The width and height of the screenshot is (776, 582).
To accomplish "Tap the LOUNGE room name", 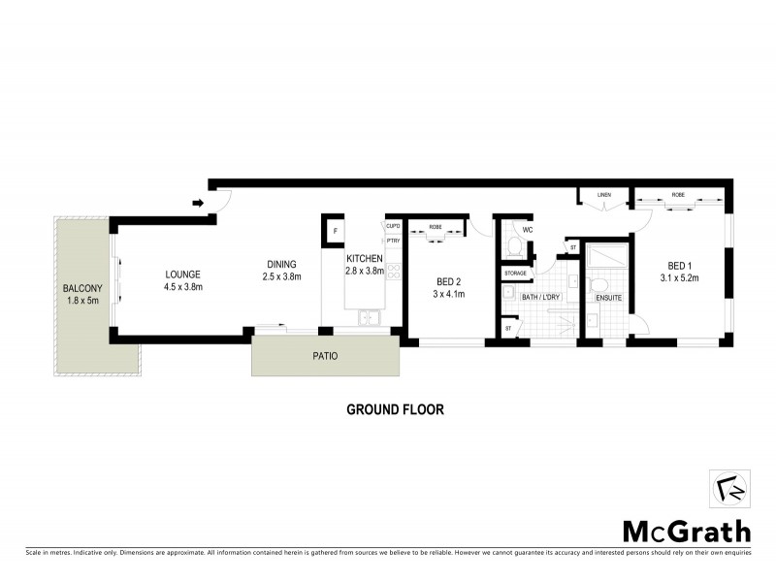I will click(x=182, y=275).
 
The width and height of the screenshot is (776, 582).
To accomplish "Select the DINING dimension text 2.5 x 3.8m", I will click(x=281, y=276).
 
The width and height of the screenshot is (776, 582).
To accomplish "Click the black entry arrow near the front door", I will click(x=198, y=204).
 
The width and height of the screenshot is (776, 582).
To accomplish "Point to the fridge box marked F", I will click(x=335, y=232).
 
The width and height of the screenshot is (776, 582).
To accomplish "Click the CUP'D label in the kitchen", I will click(x=393, y=226).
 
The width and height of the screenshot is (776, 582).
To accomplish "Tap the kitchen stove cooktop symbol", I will click(x=394, y=273).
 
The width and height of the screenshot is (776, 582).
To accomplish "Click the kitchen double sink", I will click(x=369, y=317).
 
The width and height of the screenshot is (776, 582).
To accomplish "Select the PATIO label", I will click(x=325, y=356).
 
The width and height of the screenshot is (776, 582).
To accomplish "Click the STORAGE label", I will click(x=515, y=274).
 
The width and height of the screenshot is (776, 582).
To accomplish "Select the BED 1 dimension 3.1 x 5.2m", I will click(x=679, y=278).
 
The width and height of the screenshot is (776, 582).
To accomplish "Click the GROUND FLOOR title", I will click(x=395, y=409).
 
